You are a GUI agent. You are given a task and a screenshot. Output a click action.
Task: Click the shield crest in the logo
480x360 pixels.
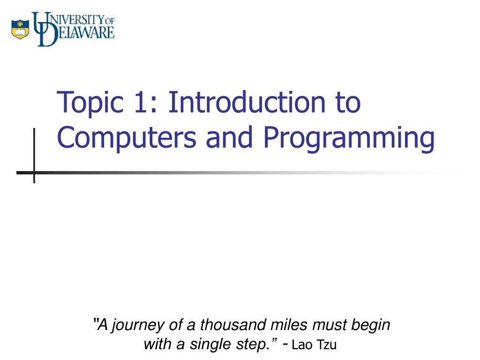click(x=20, y=29)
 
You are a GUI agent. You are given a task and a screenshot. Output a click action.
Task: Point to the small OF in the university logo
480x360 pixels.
click(x=110, y=20)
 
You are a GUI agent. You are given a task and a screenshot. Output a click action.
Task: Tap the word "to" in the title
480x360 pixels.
click(x=346, y=104)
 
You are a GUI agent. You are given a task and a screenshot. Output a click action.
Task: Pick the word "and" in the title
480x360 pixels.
click(x=229, y=137)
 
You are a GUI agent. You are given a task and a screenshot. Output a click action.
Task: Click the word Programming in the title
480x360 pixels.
click(x=349, y=139)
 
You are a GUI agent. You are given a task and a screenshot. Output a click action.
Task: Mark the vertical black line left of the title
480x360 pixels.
click(x=34, y=155)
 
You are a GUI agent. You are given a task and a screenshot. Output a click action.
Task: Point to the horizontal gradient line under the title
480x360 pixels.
click(x=234, y=172)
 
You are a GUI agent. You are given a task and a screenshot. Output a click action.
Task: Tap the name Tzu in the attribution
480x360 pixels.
click(x=327, y=345)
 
